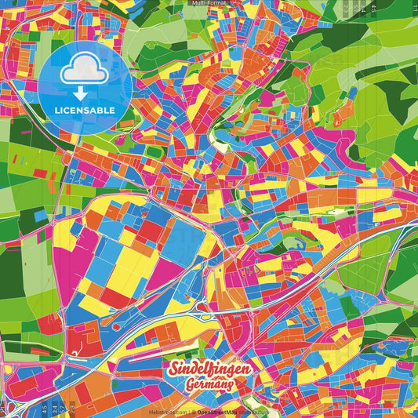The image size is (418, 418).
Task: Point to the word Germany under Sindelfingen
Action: click(209, 386)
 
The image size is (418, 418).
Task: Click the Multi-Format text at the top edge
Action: click(209, 3)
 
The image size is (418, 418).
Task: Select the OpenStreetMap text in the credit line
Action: click(221, 411)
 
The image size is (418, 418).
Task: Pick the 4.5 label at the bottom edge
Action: click(44, 407)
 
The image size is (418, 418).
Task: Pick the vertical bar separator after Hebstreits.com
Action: click(191, 411)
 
